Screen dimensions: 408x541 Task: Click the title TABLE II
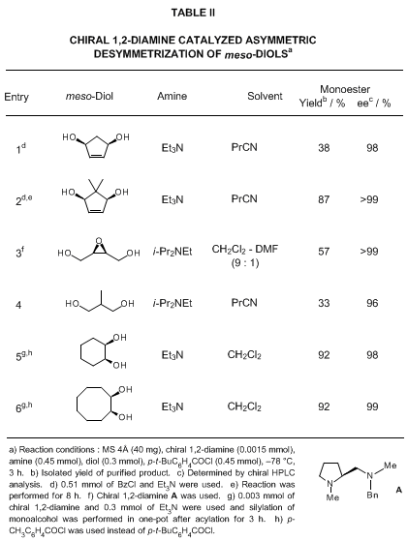(193, 13)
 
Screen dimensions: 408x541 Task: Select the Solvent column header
(265, 96)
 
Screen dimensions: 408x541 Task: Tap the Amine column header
(173, 96)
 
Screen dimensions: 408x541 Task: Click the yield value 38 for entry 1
(324, 148)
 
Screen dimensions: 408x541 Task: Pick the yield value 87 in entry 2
(324, 199)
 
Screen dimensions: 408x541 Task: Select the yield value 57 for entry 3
(324, 252)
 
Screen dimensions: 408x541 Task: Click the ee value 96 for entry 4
(372, 303)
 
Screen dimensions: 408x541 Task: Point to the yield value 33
(324, 303)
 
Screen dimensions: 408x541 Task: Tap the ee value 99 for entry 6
(372, 406)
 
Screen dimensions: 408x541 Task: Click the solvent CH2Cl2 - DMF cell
(244, 249)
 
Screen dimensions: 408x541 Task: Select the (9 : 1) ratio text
(245, 263)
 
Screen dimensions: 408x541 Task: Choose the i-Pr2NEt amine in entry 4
(173, 303)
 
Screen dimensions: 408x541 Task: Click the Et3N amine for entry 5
(173, 355)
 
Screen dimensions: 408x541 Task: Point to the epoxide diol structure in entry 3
(99, 250)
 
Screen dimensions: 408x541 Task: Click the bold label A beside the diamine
(398, 490)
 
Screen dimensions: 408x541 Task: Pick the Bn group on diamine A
(372, 496)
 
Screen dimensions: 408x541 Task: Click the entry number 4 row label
(18, 305)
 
